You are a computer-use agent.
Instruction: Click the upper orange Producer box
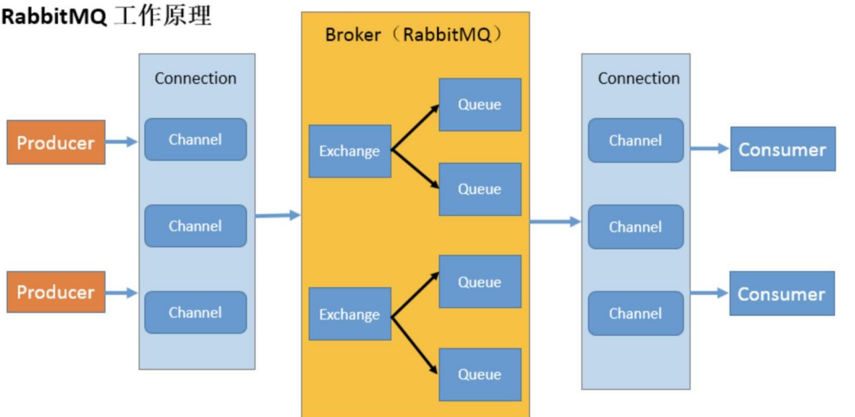click(56, 142)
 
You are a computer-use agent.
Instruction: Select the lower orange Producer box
click(56, 292)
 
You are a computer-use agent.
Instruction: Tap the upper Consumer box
click(783, 149)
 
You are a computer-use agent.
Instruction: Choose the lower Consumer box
click(782, 293)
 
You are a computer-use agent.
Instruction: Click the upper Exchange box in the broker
click(350, 151)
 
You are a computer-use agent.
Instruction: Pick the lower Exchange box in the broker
click(350, 314)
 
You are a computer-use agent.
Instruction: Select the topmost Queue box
click(480, 104)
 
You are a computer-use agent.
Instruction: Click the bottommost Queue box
click(480, 375)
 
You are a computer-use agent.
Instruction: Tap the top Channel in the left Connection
click(196, 139)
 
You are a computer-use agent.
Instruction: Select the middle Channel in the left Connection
click(196, 226)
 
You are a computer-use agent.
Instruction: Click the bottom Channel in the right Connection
click(636, 313)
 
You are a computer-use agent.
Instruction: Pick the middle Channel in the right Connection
click(636, 227)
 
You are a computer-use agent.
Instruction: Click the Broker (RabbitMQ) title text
click(414, 35)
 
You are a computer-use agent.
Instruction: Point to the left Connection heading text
click(196, 78)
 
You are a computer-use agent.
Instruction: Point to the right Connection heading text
click(639, 78)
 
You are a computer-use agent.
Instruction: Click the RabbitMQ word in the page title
click(54, 16)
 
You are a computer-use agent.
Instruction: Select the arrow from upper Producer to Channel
click(122, 142)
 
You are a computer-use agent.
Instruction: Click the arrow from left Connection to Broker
click(278, 215)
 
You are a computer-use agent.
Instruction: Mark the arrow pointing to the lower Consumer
click(710, 293)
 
